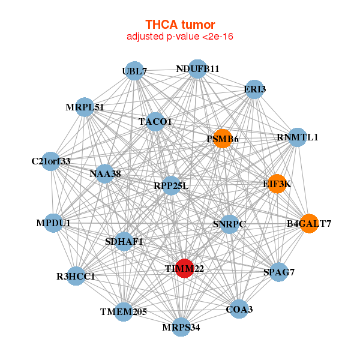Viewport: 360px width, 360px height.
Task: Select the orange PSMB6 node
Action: (x=223, y=139)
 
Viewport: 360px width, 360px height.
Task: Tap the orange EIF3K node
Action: (x=277, y=184)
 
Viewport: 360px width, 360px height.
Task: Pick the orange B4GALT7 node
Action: (x=308, y=223)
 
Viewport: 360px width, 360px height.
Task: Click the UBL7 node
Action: (x=134, y=71)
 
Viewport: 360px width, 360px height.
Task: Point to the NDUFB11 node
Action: (x=197, y=69)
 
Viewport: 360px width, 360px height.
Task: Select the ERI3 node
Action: (x=255, y=89)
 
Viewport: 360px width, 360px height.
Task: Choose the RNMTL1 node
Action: (x=298, y=137)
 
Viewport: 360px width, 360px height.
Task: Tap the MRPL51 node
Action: (x=85, y=107)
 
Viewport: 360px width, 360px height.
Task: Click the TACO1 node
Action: (x=155, y=122)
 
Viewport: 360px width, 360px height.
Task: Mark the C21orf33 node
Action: (x=51, y=161)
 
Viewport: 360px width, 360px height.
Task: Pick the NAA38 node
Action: (x=105, y=174)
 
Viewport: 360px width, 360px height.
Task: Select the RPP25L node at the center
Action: (x=171, y=185)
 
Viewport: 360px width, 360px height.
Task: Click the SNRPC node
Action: (x=229, y=224)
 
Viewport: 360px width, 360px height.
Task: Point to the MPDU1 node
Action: (x=53, y=223)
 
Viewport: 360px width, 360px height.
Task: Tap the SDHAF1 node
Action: (x=124, y=242)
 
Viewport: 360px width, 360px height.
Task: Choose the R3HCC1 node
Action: (x=76, y=276)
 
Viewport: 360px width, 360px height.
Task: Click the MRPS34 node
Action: (x=181, y=327)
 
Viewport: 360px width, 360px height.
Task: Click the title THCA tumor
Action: (x=180, y=25)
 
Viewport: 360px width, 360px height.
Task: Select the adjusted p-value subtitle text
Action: (x=180, y=37)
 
